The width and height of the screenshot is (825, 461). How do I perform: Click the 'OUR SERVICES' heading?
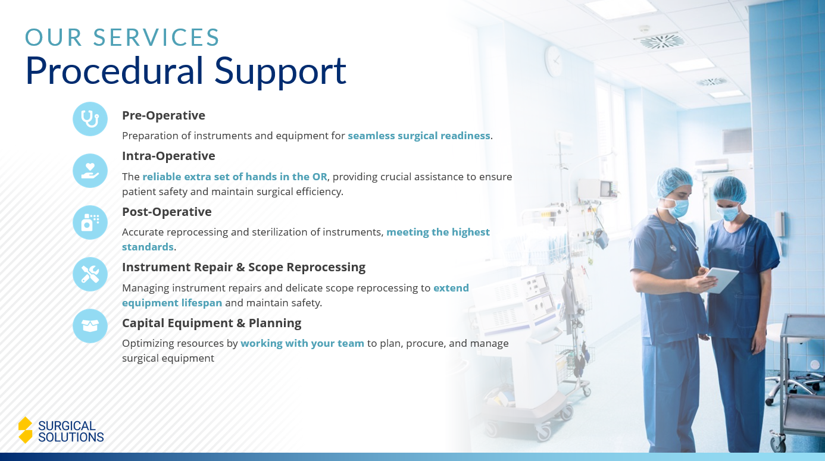pos(123,37)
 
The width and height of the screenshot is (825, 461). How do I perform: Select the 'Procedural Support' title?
pos(185,70)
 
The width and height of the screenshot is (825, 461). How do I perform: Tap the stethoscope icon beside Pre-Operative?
pos(90,119)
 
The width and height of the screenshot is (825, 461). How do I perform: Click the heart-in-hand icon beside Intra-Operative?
pos(90,171)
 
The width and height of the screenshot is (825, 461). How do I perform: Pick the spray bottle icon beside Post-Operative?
pos(90,222)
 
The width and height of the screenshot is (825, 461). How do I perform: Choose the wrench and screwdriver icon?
pos(90,274)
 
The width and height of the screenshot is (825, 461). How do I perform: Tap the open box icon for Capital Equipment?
pos(90,326)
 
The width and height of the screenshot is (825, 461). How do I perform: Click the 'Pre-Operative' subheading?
pos(163,115)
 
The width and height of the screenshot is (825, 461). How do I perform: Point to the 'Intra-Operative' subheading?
pos(168,156)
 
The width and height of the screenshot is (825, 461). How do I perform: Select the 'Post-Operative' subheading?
pos(167,212)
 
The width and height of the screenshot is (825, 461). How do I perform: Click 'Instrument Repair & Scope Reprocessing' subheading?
pos(243,267)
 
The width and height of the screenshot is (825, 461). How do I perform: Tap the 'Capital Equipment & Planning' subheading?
pos(211,323)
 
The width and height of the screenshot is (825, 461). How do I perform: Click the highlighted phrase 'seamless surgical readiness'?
pos(419,136)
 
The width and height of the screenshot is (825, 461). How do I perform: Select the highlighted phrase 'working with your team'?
pos(302,343)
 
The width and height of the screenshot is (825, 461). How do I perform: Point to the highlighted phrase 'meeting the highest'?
pos(437,232)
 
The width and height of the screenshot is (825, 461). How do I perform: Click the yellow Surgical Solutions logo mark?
pos(25,429)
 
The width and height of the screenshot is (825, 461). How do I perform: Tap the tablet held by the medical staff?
pos(721,280)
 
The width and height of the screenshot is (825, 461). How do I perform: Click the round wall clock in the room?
pos(554,61)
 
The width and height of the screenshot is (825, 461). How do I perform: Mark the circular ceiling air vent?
pos(662,41)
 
